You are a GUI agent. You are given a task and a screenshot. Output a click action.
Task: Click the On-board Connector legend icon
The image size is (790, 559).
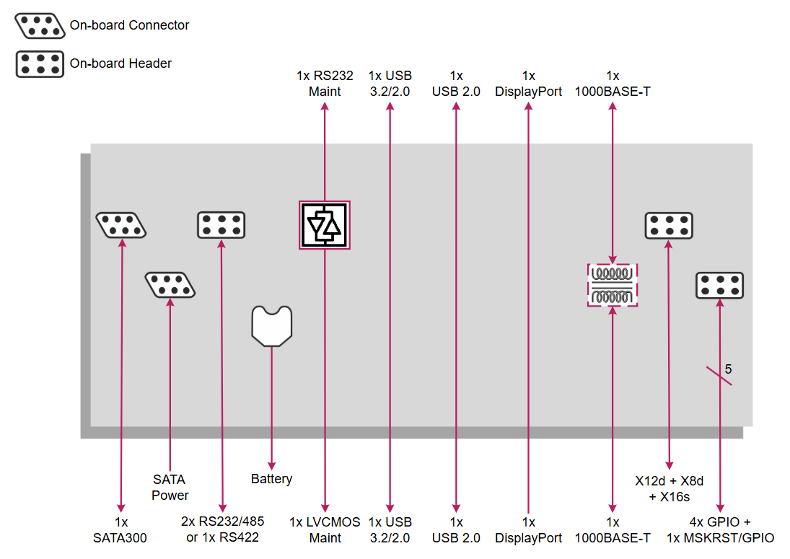coord(40,25)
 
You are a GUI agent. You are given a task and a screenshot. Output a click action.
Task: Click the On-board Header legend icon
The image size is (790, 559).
coord(40,63)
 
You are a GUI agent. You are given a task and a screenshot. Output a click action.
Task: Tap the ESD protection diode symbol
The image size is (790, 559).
coord(325,225)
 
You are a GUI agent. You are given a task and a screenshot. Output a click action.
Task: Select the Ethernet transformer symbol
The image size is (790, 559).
coord(613,285)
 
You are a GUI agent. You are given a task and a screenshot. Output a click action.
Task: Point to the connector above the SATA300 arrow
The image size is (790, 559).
coord(121,225)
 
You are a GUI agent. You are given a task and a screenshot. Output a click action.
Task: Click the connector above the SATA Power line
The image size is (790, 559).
coord(170,285)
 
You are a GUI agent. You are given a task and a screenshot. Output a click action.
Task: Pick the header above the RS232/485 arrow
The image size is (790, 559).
coord(221,225)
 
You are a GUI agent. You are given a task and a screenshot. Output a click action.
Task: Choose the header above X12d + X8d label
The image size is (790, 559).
coord(669,225)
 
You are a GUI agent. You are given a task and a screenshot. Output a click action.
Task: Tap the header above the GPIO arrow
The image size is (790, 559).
coord(719,285)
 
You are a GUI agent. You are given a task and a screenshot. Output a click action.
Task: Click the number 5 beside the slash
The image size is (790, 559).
coord(728,369)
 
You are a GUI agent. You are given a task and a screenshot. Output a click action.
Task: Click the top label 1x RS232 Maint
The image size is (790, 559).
coord(325,84)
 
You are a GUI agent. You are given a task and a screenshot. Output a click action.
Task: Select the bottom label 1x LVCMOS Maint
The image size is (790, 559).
coord(325,529)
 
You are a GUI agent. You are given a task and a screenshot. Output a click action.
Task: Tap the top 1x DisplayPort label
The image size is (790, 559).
coord(529,84)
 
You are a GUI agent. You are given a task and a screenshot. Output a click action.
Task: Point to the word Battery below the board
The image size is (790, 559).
coord(271,479)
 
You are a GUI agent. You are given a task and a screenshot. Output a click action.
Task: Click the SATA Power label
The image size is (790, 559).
coord(170,487)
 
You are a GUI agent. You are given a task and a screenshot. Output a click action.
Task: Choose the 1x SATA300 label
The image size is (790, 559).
coord(120,529)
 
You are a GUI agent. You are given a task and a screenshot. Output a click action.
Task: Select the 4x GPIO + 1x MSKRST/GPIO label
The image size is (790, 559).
coord(719,529)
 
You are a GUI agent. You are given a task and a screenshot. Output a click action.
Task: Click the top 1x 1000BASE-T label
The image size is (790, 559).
coord(613,84)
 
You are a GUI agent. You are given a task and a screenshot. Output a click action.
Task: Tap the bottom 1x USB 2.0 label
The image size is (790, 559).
coord(456,529)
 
